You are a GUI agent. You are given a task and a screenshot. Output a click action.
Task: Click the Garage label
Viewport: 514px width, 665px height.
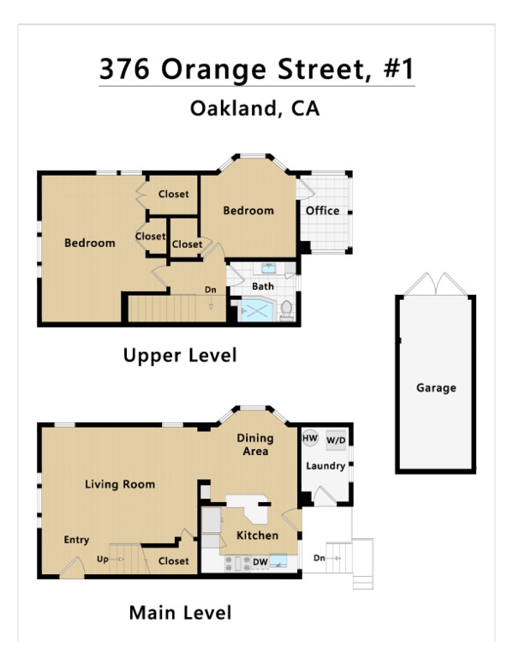(x=436, y=387)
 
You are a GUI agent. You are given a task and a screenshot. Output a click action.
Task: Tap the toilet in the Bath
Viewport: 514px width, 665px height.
(x=287, y=310)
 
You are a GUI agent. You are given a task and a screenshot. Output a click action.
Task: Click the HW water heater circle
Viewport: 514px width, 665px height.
(x=310, y=438)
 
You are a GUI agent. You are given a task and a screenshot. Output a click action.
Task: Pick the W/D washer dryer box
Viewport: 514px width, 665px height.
(x=336, y=440)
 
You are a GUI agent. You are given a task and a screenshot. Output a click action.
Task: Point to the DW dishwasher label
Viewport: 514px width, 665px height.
(x=260, y=562)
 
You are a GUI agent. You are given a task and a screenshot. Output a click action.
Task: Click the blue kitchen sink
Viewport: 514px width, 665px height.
(x=278, y=560)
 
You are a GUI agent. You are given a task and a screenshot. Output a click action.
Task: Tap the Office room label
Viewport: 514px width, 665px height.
(x=322, y=211)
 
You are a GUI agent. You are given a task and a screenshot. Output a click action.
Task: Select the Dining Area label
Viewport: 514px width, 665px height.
(x=255, y=445)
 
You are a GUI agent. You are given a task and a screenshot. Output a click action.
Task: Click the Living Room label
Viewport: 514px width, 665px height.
(x=120, y=484)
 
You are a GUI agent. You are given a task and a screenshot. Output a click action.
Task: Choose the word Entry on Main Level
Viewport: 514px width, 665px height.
(x=76, y=540)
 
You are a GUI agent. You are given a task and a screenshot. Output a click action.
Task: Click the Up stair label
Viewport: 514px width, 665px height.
(x=102, y=560)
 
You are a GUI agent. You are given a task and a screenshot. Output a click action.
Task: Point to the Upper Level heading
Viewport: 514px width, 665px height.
(x=180, y=356)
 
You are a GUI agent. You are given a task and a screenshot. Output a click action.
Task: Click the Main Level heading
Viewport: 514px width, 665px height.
(x=180, y=613)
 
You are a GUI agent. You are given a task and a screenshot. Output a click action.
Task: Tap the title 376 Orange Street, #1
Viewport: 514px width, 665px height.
(x=257, y=69)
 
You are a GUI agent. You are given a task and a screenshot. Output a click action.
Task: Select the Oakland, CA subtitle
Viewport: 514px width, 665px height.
(x=254, y=109)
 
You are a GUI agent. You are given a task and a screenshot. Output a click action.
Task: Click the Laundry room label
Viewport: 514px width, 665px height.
(x=326, y=466)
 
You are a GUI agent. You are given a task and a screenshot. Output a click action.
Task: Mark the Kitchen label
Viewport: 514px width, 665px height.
(x=257, y=536)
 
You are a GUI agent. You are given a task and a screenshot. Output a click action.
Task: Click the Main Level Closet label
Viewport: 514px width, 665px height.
(x=173, y=561)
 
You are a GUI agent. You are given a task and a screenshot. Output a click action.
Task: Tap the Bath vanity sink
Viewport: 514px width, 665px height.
(x=269, y=268)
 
